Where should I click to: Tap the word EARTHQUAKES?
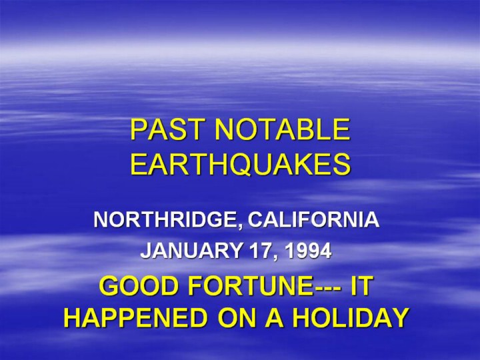click(x=240, y=164)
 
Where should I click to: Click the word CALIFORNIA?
click(x=313, y=219)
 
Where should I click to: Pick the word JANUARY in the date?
click(x=191, y=251)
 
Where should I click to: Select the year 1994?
click(x=308, y=251)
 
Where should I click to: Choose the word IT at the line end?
click(x=361, y=285)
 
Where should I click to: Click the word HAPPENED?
click(x=135, y=317)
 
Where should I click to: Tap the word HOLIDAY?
click(x=350, y=317)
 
